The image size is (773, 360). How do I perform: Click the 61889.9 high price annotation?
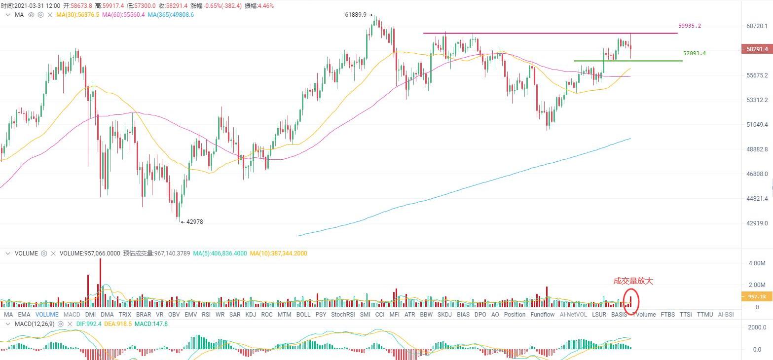pos(355,15)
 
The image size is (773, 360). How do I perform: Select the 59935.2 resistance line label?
pos(689,26)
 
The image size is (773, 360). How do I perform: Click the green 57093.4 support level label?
pos(694,53)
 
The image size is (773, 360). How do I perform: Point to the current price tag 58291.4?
pos(756,49)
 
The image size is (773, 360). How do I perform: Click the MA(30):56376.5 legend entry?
pos(77,15)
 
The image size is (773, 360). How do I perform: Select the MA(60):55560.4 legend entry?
pos(123,15)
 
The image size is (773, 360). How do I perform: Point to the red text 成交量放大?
pos(633,281)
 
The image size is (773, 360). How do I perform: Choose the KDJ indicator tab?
pos(251,315)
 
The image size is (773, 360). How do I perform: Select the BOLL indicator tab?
pos(303,315)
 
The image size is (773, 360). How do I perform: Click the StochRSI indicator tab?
pos(343,315)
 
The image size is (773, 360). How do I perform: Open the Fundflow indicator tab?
pos(542,315)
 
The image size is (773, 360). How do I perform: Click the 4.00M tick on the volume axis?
pos(757,263)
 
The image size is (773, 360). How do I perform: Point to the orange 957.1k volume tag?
pos(756,296)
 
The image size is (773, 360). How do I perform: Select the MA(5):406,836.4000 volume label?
pos(220,253)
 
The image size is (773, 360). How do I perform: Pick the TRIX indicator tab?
pos(125,315)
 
